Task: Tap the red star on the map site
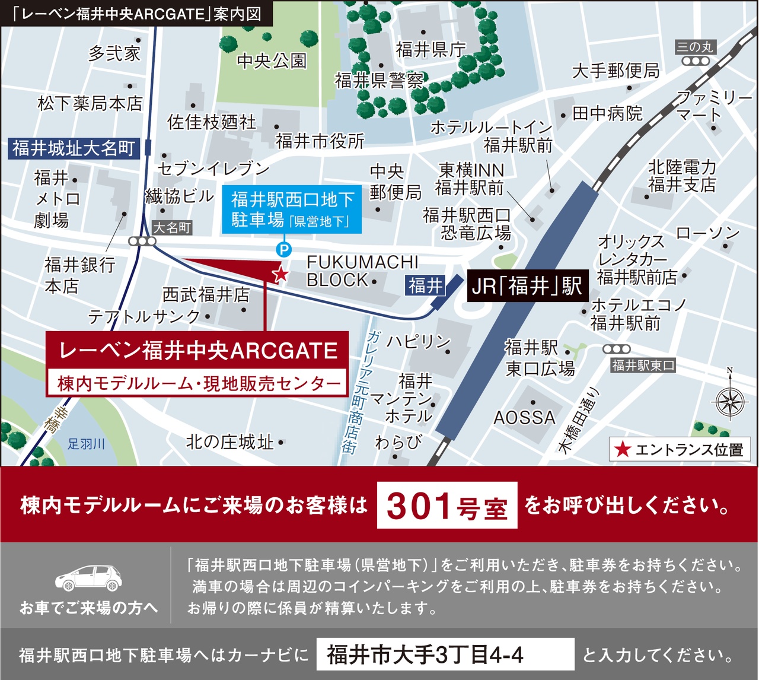coord(280,274)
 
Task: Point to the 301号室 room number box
coord(447,506)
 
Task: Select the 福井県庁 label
coord(430,49)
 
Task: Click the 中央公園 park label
coord(272,61)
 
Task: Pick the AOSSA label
coord(524,418)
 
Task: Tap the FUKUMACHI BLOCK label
coord(362,271)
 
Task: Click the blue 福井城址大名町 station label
coord(74,148)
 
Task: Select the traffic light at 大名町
coord(143,242)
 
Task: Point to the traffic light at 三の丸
coord(695,61)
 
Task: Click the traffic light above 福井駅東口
coord(617,349)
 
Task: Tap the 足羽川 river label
coord(86,444)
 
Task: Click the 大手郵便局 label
coord(616,71)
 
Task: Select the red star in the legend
coord(622,449)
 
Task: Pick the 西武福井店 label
coord(206,294)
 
